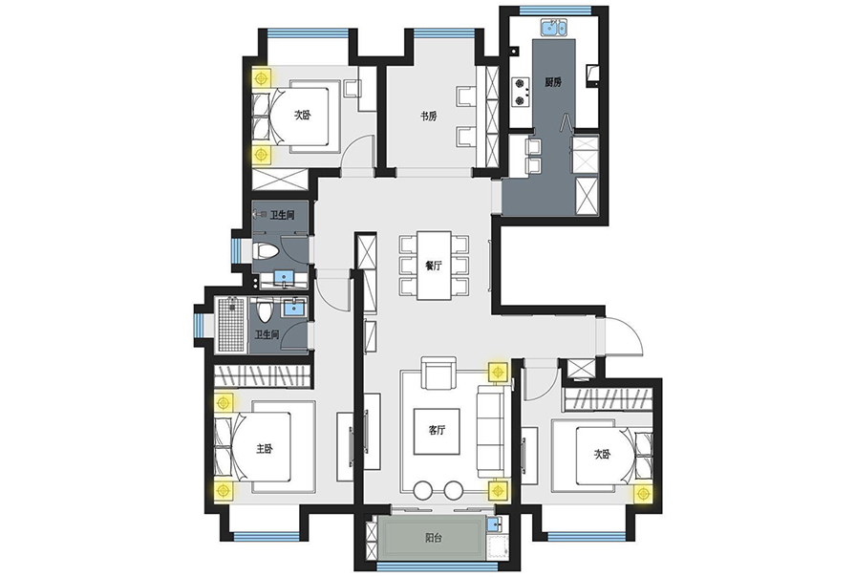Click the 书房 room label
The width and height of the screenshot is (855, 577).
pyautogui.click(x=428, y=116)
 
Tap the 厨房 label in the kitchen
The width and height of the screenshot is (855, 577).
pyautogui.click(x=553, y=82)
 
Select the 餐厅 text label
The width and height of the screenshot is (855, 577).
pyautogui.click(x=434, y=266)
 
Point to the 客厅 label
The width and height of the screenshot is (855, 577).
pyautogui.click(x=437, y=430)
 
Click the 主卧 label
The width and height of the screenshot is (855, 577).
pyautogui.click(x=265, y=448)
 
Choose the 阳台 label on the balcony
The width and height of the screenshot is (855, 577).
pyautogui.click(x=434, y=538)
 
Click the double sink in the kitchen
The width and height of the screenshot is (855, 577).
pyautogui.click(x=554, y=27)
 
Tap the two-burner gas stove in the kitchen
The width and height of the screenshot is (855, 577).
pyautogui.click(x=522, y=92)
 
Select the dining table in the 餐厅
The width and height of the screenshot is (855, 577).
pyautogui.click(x=434, y=266)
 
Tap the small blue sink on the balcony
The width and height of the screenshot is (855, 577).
pyautogui.click(x=494, y=524)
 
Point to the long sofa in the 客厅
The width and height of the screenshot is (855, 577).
pyautogui.click(x=494, y=431)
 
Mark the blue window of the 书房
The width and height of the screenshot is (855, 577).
pyautogui.click(x=443, y=32)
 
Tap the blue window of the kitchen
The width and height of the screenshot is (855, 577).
pyautogui.click(x=555, y=10)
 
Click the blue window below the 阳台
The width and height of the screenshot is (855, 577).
pyautogui.click(x=435, y=566)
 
